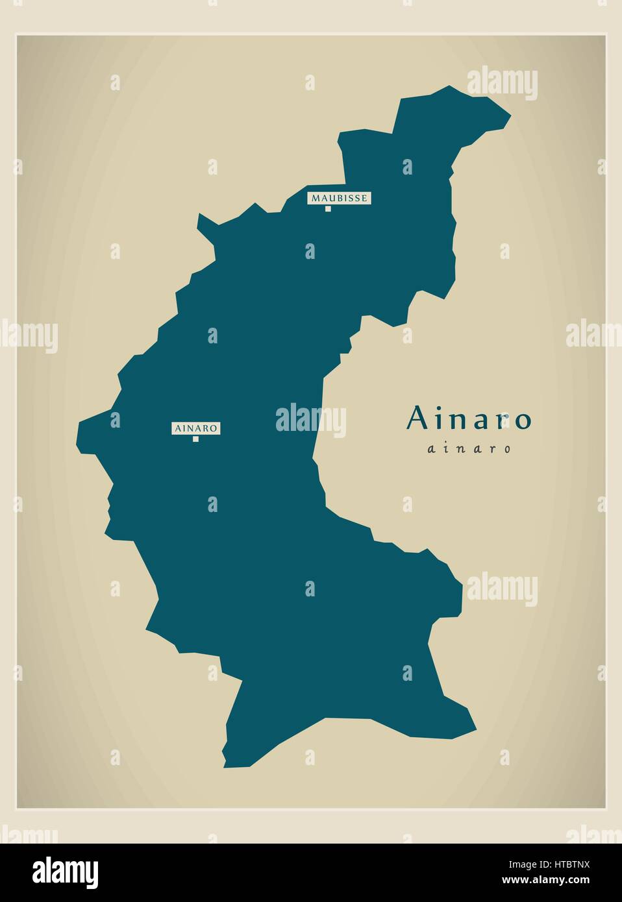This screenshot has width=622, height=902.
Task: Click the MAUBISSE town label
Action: (339, 197)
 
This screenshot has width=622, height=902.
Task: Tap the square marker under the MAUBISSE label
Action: (329, 209)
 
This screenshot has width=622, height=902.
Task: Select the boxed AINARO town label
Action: (195, 428)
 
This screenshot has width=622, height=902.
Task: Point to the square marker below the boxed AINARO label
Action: (195, 439)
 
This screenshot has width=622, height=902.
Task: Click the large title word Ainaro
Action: (469, 419)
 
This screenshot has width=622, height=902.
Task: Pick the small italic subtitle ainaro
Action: (469, 448)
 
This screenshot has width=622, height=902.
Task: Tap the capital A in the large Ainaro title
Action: (417, 419)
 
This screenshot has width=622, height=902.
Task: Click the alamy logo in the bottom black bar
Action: (66, 871)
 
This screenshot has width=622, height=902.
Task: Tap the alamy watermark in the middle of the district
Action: (310, 419)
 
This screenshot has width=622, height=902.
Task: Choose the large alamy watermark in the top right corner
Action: (502, 84)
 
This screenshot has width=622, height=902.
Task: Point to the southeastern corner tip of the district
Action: (475, 729)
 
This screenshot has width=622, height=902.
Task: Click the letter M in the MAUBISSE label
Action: (314, 198)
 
